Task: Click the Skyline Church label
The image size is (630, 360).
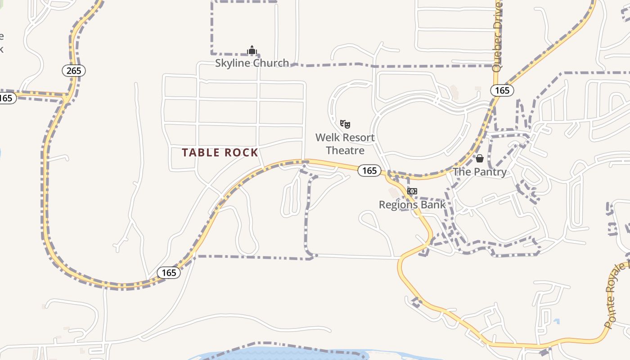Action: coord(252,63)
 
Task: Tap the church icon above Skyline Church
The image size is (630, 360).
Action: coord(252,50)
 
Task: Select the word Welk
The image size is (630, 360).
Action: coord(327,137)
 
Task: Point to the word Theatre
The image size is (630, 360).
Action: coord(345,150)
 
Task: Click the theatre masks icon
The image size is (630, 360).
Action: coord(345,124)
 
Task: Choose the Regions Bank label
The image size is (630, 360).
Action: coord(412,205)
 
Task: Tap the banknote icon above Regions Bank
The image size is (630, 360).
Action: coord(412,191)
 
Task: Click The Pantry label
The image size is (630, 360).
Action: coord(480,172)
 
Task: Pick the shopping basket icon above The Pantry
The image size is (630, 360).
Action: coord(480,158)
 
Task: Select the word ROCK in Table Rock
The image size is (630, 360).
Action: coord(242,153)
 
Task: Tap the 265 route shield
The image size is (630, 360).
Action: coord(73,71)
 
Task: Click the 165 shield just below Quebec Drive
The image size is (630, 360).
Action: coord(502,90)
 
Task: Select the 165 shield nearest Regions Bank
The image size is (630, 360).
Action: coord(369,171)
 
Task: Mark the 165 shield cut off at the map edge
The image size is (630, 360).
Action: coord(7,98)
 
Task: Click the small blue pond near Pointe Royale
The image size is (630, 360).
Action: coord(557,321)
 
